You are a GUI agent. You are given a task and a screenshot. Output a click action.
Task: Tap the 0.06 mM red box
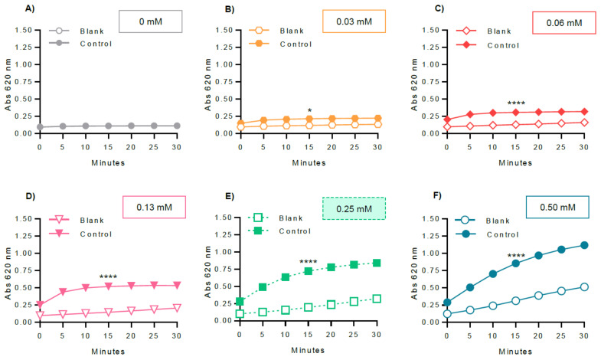[557, 23]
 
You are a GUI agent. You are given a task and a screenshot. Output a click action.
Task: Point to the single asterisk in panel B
[309, 111]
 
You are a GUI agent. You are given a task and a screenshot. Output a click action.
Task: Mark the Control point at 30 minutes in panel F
[583, 246]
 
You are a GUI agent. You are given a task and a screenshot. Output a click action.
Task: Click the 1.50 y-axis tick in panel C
[431, 30]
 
